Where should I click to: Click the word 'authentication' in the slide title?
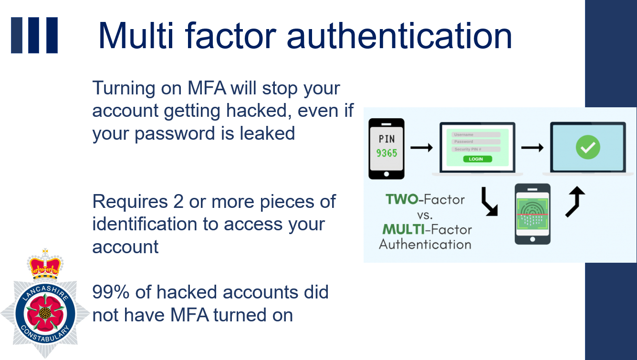[x=399, y=36]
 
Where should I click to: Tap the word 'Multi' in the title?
[x=136, y=36]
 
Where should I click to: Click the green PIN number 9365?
[x=386, y=154]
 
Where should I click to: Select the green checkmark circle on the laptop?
[x=588, y=147]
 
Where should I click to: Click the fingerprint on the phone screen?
[x=532, y=214]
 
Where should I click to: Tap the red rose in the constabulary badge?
[x=45, y=313]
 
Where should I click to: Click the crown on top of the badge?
[x=45, y=265]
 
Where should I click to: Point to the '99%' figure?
[x=111, y=292]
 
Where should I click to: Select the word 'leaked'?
[x=267, y=133]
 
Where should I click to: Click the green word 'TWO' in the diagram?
[x=402, y=199]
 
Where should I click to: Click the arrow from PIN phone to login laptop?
[x=421, y=147]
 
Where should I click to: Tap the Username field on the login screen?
[x=476, y=134]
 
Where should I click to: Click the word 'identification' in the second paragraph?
[x=145, y=224]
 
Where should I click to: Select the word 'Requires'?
[x=130, y=202]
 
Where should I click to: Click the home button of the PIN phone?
[x=386, y=174]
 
